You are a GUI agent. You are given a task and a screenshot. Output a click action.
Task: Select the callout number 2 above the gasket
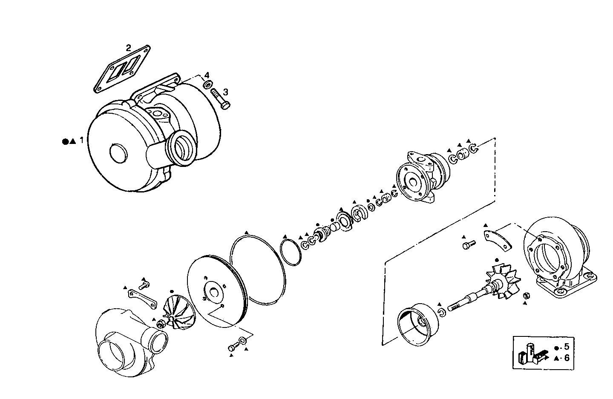128,47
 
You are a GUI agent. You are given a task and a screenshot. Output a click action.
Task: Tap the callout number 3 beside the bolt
225,92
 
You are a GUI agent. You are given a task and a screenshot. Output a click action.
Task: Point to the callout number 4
207,75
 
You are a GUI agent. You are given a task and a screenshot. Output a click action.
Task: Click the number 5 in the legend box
567,347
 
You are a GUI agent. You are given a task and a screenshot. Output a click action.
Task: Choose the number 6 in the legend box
567,358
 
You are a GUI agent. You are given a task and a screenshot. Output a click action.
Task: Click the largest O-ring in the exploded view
257,268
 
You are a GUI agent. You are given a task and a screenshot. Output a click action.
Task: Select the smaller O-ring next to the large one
291,253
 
